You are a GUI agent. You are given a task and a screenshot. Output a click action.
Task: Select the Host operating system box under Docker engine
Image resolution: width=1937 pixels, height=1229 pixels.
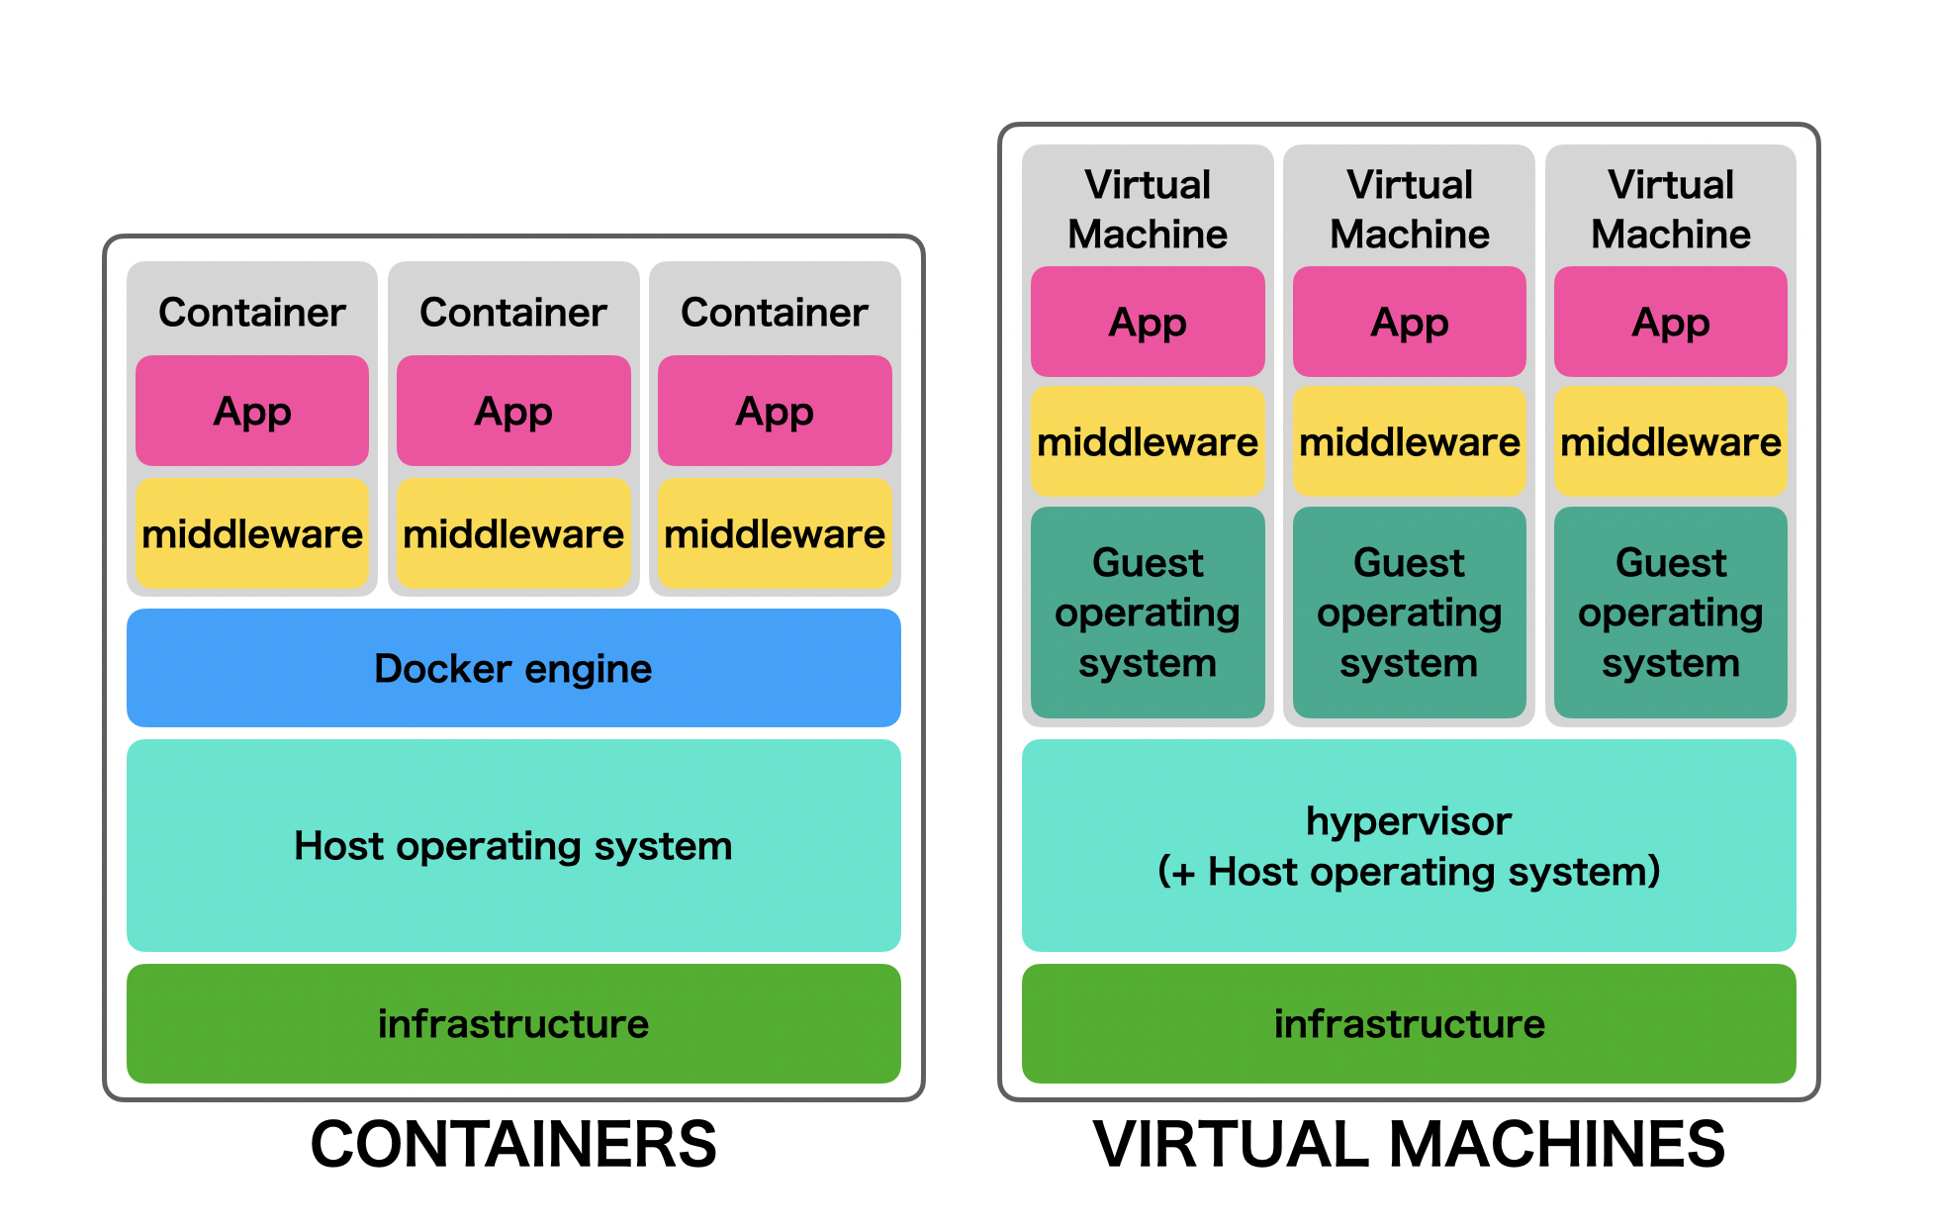coord(513,846)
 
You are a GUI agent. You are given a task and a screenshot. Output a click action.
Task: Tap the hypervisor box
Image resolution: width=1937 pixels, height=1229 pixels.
coord(1409,846)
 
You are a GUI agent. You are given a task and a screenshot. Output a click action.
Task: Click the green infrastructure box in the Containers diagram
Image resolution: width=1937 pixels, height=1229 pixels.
coord(513,1024)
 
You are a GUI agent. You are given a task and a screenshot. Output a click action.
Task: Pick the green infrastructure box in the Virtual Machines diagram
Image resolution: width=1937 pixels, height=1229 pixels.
coord(1409,1024)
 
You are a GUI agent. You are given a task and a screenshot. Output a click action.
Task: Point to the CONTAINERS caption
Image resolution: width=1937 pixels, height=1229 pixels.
coord(513,1145)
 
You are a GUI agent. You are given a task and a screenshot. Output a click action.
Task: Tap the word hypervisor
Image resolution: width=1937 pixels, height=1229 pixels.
coord(1409,821)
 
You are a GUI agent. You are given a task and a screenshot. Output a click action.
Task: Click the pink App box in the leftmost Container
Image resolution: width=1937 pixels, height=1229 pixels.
coord(252,411)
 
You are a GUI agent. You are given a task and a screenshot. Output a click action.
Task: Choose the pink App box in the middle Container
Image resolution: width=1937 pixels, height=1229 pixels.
coord(513,411)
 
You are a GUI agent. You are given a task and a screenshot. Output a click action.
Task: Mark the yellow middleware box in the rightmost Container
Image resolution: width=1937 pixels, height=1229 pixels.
coord(775,534)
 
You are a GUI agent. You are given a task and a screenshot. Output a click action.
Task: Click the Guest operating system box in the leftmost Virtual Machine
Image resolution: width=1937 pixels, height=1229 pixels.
coord(1148,613)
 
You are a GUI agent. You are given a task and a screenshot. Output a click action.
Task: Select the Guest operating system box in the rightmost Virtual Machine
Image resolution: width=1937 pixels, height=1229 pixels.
coord(1671,613)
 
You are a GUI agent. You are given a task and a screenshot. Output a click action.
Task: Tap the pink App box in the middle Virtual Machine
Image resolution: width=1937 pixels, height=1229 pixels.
coord(1409,322)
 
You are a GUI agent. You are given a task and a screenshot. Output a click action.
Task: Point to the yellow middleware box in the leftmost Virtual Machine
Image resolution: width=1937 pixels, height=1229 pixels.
coord(1148,441)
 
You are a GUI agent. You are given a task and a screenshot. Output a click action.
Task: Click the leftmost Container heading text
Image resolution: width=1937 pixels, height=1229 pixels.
coord(252,313)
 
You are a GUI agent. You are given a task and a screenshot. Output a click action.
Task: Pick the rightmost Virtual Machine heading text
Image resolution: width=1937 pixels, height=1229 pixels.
coord(1671,209)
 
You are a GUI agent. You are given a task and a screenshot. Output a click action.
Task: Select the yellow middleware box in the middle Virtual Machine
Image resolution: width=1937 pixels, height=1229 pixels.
coord(1409,441)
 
